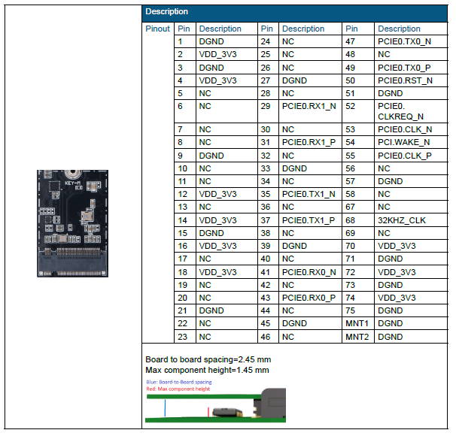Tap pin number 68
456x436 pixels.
[x=350, y=220]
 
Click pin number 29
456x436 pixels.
[x=265, y=107]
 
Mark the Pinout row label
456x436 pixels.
[x=157, y=29]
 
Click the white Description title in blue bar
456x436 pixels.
[x=167, y=11]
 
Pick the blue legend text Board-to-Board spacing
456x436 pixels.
[x=179, y=382]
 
